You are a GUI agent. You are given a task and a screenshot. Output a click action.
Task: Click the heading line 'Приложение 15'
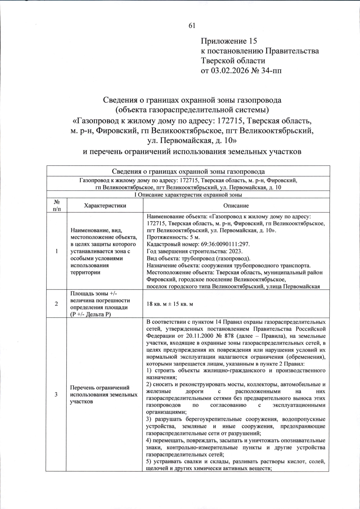pyautogui.click(x=229, y=41)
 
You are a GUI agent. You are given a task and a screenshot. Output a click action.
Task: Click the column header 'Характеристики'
pyautogui.click(x=105, y=206)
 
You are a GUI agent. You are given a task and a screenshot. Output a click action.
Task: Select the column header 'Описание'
pyautogui.click(x=236, y=206)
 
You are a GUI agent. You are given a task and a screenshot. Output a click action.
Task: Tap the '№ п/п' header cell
pyautogui.click(x=56, y=206)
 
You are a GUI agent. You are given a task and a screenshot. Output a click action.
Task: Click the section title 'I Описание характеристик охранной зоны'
pyautogui.click(x=188, y=195)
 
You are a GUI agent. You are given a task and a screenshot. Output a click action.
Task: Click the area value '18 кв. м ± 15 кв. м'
pyautogui.click(x=170, y=304)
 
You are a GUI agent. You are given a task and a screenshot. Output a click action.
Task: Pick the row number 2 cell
pyautogui.click(x=56, y=304)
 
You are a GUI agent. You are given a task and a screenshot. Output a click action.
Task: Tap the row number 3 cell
pyautogui.click(x=56, y=394)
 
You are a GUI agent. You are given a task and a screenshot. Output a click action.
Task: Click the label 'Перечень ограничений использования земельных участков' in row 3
pyautogui.click(x=104, y=394)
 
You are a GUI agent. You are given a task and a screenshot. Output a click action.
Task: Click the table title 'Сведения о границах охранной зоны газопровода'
pyautogui.click(x=188, y=171)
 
